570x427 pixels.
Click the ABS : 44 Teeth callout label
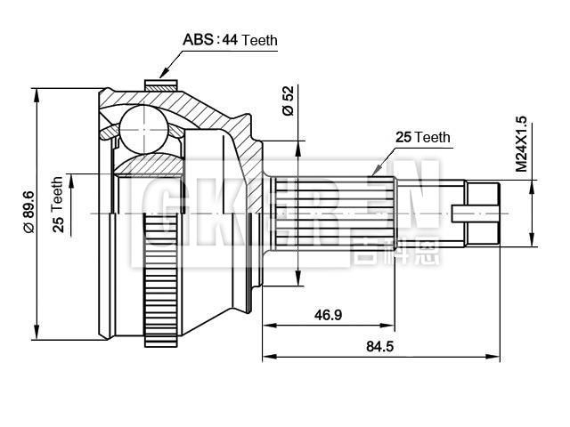230,39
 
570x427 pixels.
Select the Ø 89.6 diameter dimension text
29,212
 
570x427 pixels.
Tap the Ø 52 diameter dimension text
287,100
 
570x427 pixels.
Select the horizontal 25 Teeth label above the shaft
423,137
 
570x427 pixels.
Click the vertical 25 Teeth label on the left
59,205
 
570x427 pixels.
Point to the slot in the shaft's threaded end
474,213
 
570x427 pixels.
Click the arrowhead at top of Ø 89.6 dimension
37,93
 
